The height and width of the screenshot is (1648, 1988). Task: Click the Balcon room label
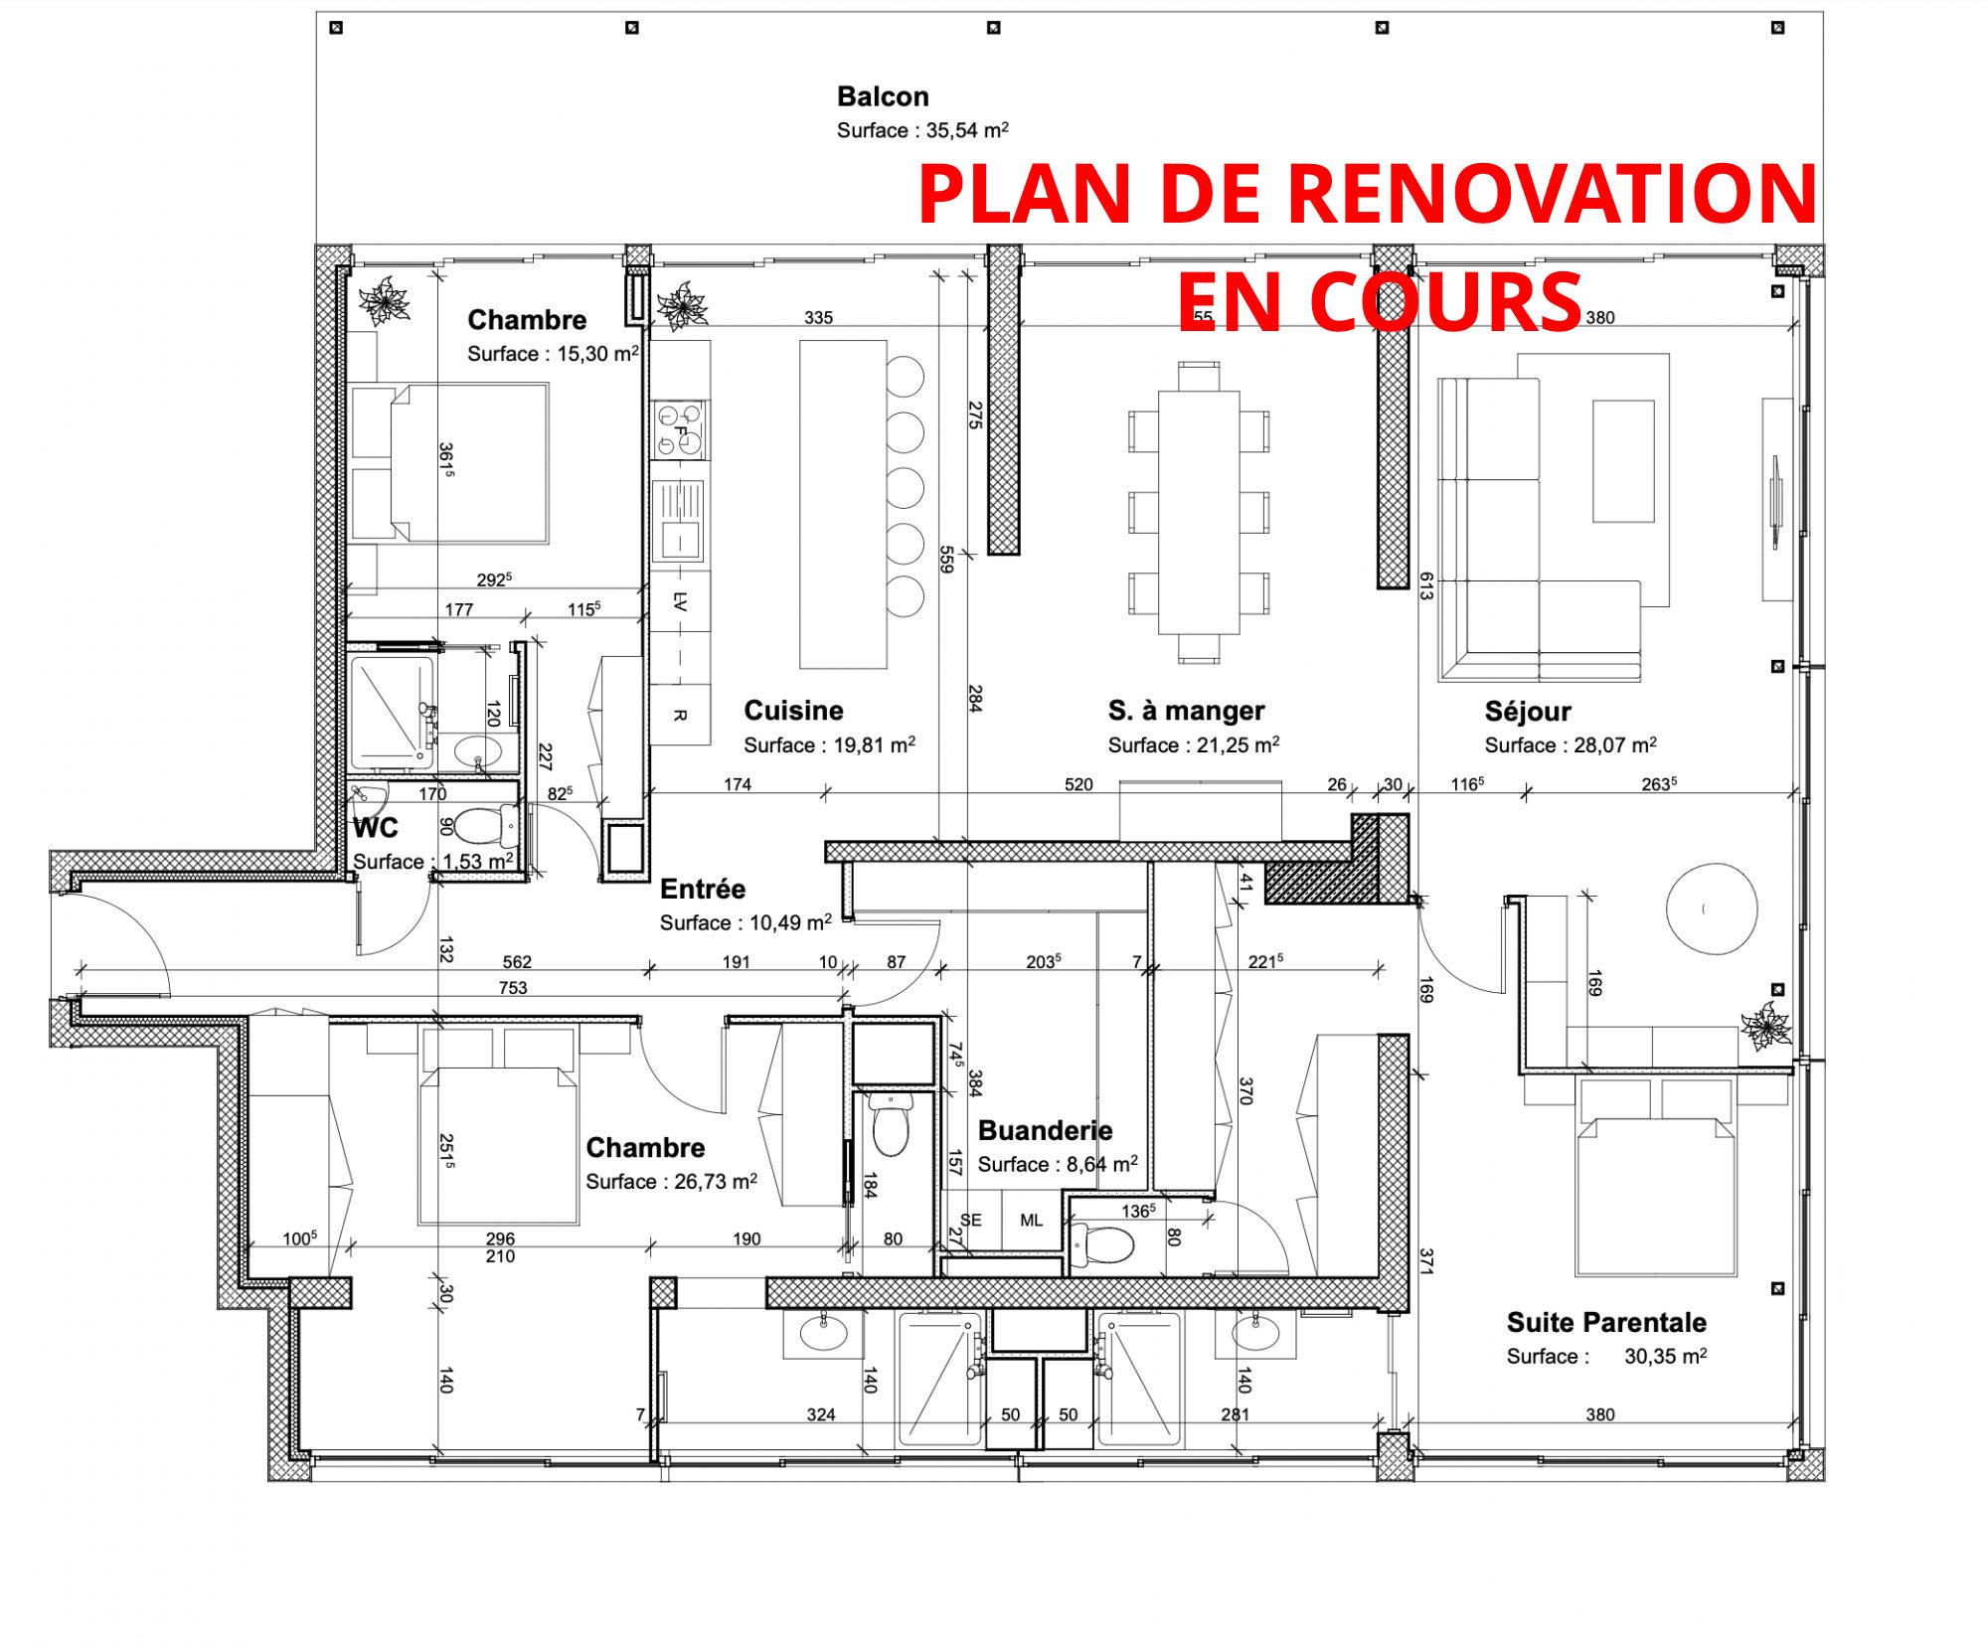coord(883,96)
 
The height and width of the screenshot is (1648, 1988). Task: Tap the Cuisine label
coord(793,711)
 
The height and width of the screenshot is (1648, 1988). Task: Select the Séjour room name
coord(1528,712)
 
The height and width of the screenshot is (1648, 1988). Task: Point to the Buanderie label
coord(1045,1130)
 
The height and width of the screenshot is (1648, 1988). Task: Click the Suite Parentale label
coord(1606,1322)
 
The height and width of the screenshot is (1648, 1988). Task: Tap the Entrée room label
coord(703,889)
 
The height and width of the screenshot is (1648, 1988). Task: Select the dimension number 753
coord(513,988)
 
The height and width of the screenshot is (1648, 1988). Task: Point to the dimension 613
coord(1425,586)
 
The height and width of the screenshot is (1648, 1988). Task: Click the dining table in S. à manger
coord(1199,512)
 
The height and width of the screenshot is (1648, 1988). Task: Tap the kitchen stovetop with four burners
coord(680,429)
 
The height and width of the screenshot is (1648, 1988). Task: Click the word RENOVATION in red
coord(1553,194)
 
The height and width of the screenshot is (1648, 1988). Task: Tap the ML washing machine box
coord(1031,1221)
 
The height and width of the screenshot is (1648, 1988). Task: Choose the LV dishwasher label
coord(681,601)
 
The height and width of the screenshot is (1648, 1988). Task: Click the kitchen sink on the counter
coord(680,521)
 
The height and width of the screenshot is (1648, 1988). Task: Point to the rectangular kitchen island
coord(843,504)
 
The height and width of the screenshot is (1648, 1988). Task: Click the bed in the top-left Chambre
coord(469,463)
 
